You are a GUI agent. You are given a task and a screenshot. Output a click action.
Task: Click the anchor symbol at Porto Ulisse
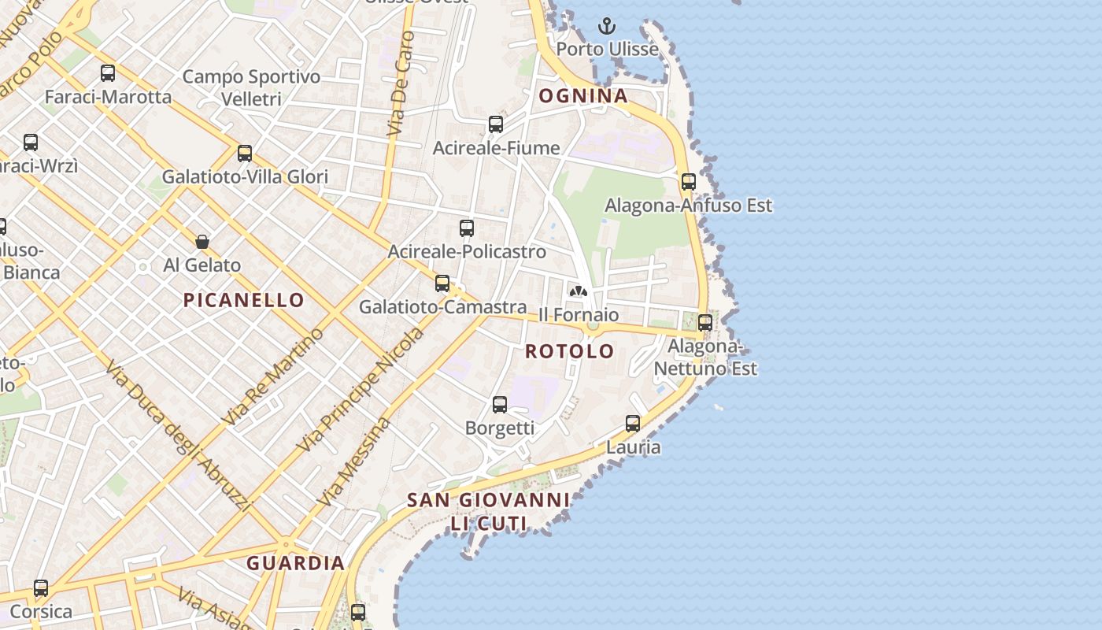[606, 27]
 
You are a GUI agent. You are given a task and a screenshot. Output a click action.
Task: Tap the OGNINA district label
[583, 96]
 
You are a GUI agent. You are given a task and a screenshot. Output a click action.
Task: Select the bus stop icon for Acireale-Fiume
[496, 124]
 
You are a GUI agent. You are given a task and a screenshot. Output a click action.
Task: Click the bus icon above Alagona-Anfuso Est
[689, 182]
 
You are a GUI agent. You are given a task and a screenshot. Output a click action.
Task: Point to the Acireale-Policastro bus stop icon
[467, 228]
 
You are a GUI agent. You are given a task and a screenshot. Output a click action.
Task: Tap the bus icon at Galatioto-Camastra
[442, 283]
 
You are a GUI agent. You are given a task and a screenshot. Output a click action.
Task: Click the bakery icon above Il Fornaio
[579, 291]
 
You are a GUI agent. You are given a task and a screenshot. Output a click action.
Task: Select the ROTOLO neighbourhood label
[570, 351]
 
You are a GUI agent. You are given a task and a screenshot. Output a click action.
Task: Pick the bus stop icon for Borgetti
[500, 405]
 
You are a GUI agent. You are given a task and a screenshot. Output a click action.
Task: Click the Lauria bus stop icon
[633, 424]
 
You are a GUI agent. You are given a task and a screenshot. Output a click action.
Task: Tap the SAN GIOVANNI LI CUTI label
[488, 511]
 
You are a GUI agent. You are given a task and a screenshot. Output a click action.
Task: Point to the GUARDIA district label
[295, 563]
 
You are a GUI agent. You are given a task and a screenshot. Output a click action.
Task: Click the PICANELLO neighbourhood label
[243, 299]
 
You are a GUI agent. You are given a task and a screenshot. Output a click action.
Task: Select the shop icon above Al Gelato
[202, 242]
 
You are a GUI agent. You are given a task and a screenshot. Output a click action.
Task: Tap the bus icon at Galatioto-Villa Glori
[245, 154]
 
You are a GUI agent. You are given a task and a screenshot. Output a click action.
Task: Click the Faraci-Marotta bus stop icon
[108, 73]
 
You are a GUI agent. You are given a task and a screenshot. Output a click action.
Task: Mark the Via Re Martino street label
[273, 377]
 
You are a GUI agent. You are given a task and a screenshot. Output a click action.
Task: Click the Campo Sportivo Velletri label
[251, 87]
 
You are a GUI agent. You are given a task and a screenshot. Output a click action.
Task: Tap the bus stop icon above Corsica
[41, 588]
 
